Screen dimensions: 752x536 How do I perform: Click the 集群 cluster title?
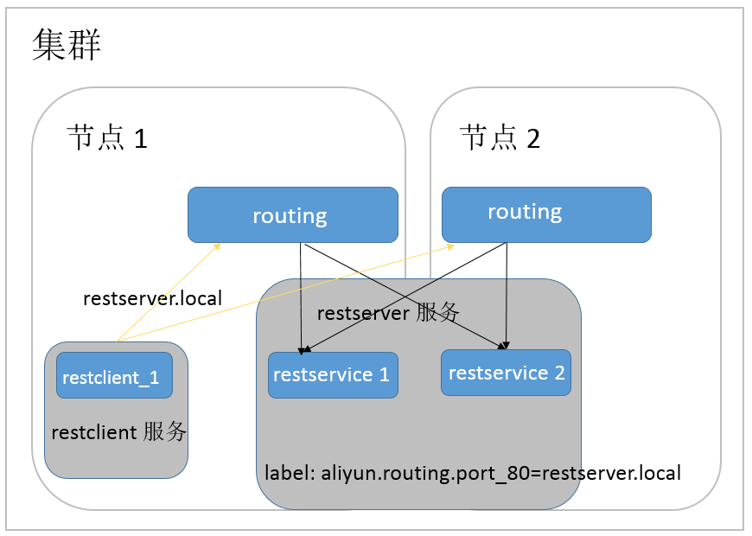coord(67,45)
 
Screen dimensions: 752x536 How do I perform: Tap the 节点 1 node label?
coord(107,137)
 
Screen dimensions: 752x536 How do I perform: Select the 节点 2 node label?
coord(500,137)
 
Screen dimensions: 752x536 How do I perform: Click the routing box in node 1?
coord(292,214)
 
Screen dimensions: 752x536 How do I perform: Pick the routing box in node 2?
coord(546,214)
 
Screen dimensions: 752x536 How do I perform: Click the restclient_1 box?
coord(114,375)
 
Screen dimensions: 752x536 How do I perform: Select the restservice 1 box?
coord(333,375)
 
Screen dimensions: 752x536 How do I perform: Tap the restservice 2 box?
coord(506,373)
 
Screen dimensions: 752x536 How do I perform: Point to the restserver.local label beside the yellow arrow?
coord(152,298)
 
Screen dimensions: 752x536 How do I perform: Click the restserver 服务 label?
coord(388,313)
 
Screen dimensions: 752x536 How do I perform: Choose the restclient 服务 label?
coord(119,432)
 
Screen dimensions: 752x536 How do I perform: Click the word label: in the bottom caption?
coord(290,473)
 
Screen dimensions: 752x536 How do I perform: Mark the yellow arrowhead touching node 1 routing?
coord(217,246)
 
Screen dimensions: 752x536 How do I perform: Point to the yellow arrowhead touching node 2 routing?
coord(450,246)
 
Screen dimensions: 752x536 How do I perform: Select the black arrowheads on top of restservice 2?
coord(504,346)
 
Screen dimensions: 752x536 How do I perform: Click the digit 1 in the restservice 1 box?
coord(384,375)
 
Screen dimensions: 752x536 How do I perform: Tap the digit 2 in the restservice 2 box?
coord(559,373)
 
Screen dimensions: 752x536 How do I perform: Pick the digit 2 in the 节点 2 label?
coord(533,138)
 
